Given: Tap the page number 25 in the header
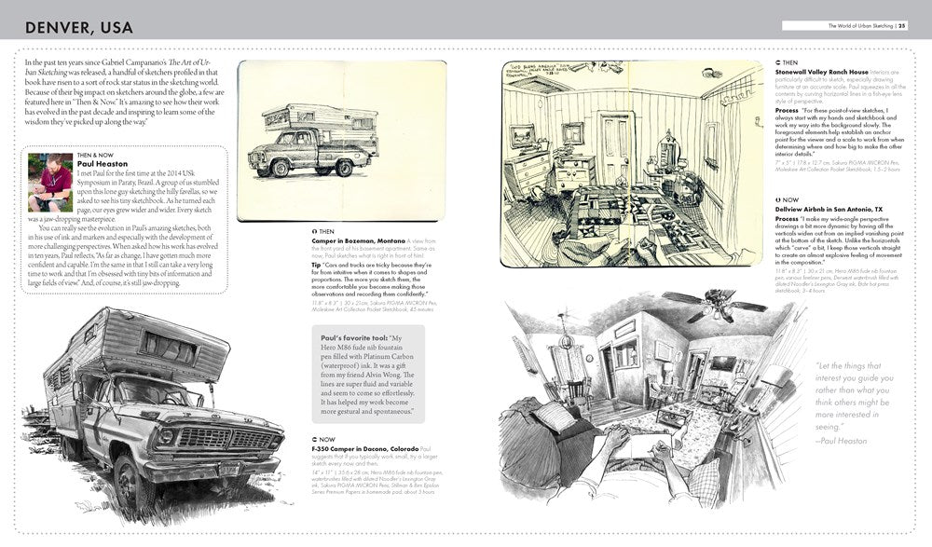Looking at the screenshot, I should pos(901,25).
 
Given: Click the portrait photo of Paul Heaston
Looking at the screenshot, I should pos(50,181).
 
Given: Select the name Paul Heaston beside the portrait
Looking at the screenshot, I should pos(101,165).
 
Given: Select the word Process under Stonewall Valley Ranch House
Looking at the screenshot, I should pos(790,110).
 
